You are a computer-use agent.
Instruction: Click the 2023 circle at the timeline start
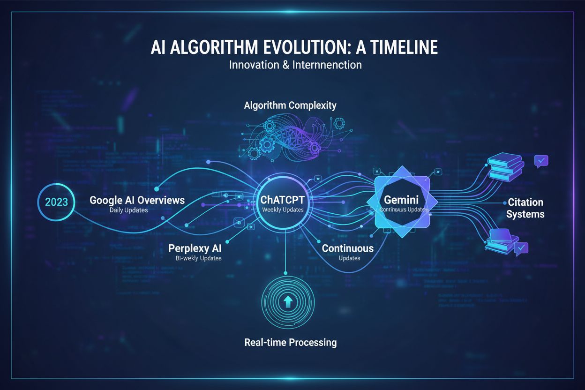tap(56, 202)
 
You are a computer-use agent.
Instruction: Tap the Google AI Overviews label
tap(137, 200)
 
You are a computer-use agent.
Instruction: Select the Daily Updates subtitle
tap(128, 210)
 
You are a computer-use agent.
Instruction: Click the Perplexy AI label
tap(195, 248)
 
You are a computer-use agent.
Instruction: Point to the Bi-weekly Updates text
tap(195, 258)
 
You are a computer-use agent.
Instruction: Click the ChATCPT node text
tap(283, 200)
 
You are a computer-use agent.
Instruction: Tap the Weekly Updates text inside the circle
tap(283, 210)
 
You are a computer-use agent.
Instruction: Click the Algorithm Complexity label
tap(290, 105)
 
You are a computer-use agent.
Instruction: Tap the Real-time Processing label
tap(290, 342)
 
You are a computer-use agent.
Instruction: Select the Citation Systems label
tap(525, 208)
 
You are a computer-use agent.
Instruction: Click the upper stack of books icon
tap(505, 167)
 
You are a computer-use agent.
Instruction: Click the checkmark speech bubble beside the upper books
tap(541, 161)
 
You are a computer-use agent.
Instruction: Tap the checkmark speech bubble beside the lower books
tap(521, 248)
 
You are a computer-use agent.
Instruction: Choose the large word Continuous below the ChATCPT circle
tap(347, 248)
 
